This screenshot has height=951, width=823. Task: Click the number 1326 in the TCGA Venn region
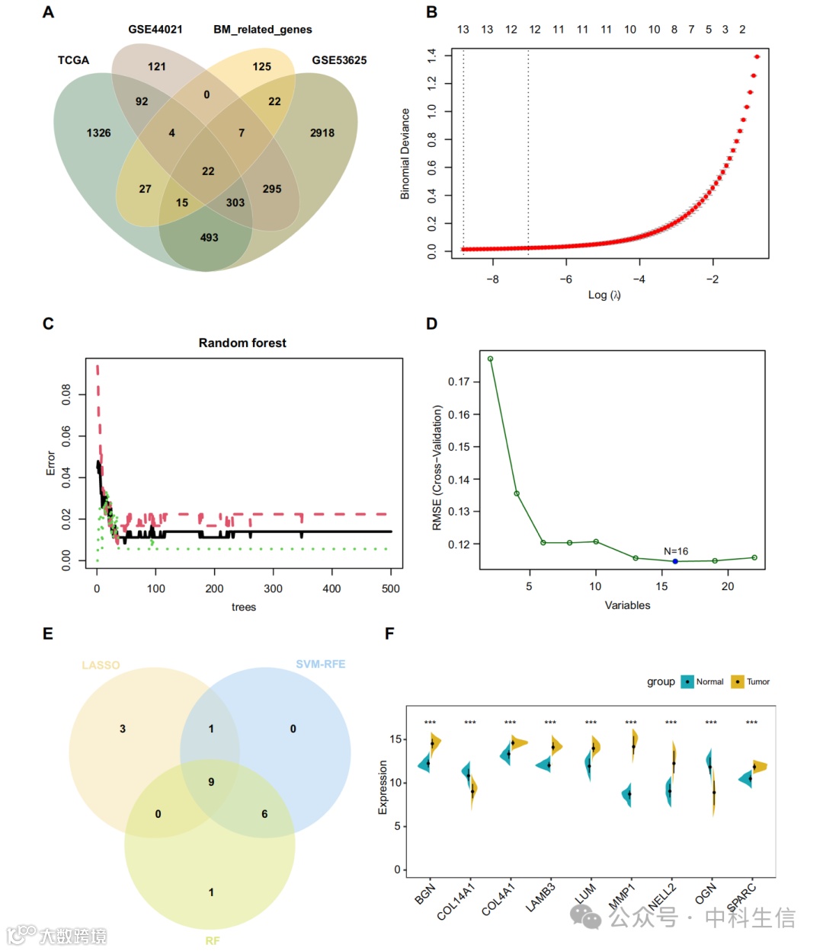coord(98,132)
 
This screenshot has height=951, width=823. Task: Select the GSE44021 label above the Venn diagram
coord(155,29)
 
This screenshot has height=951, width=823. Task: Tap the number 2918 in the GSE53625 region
coord(322,132)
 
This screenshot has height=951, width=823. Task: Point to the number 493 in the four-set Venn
coord(209,238)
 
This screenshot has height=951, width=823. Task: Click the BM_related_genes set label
coord(262,29)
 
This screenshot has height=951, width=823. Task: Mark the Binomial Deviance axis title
coord(405,154)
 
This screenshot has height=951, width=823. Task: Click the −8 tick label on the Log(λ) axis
coord(492,279)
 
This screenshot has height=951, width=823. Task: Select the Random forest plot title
coord(242,343)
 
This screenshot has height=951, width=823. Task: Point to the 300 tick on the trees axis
coord(273,589)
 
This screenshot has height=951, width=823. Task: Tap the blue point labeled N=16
coord(675,561)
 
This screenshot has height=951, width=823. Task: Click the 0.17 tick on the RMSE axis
coord(460,381)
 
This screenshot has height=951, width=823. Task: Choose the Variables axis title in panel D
coord(627,605)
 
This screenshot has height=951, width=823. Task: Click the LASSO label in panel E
coord(101,665)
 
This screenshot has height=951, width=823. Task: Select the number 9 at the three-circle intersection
coord(211,782)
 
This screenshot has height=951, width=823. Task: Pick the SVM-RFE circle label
coord(320,664)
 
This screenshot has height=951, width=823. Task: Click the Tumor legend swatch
coord(737,681)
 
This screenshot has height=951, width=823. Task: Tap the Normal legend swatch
coord(687,681)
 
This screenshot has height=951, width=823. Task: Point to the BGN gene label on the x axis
coord(425,893)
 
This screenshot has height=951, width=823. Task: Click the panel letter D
coord(431,324)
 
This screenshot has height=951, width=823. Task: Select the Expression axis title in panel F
coord(383,787)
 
